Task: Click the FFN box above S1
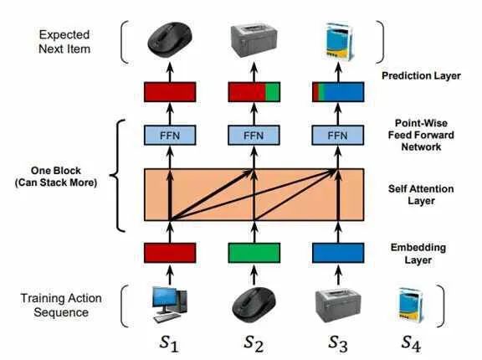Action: (x=170, y=136)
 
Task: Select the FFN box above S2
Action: (x=254, y=136)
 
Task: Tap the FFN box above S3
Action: (x=338, y=136)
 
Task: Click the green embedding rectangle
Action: (x=254, y=253)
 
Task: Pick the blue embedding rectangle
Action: (x=338, y=253)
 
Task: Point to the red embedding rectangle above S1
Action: (x=170, y=253)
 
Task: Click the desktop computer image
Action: (x=170, y=305)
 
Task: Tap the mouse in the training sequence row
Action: (x=254, y=304)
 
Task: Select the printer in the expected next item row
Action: (x=254, y=41)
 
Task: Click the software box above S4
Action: (x=411, y=306)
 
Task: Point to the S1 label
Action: (x=169, y=343)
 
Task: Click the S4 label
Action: (x=411, y=343)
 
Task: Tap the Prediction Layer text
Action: (x=421, y=76)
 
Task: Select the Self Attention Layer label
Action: (x=421, y=194)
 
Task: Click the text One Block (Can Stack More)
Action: (x=56, y=177)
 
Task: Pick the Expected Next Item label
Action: (x=64, y=42)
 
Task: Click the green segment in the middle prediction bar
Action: (x=273, y=92)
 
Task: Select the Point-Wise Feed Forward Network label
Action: (x=421, y=135)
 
